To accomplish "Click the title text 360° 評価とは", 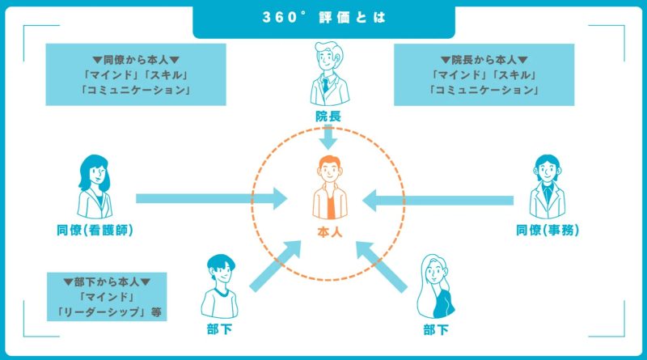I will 323,18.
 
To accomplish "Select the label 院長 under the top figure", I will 328,116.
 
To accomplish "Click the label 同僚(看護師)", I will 95,231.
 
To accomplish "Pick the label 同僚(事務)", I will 548,231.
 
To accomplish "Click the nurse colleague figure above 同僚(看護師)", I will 95,184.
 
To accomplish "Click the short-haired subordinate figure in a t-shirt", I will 219,287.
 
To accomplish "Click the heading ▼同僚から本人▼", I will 136,60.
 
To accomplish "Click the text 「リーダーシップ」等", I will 107,312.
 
